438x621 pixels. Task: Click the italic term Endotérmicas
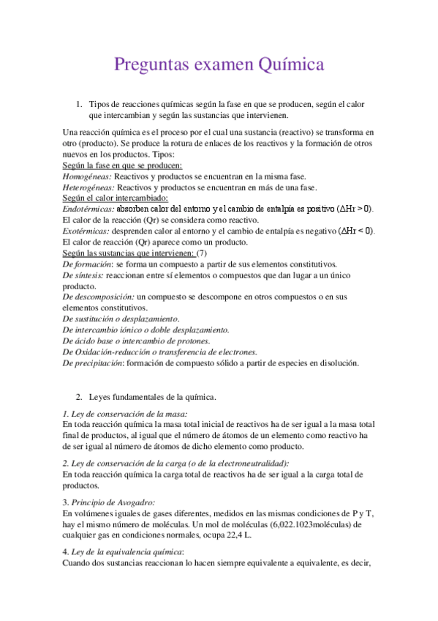(x=89, y=209)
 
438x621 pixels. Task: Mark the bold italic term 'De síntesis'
(x=83, y=275)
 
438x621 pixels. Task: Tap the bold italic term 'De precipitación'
(x=93, y=362)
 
